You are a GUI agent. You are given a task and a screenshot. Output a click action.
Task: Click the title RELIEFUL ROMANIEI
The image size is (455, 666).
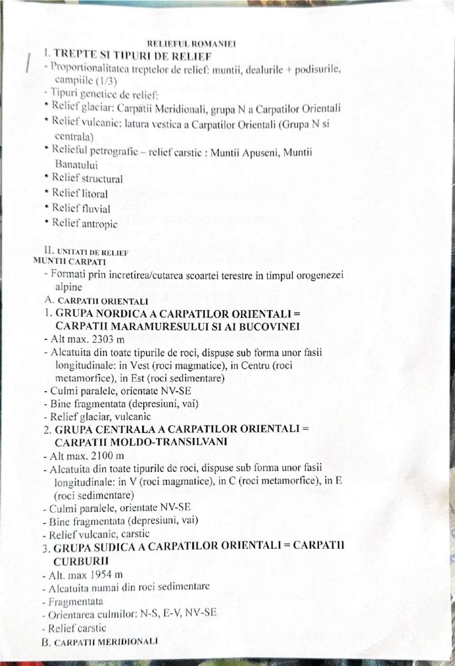(191, 44)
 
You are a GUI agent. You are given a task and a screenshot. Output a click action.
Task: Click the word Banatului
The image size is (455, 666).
(76, 165)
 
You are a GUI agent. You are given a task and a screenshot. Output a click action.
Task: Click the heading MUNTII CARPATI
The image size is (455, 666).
(70, 261)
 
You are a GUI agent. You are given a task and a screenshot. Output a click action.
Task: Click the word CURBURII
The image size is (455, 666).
(81, 561)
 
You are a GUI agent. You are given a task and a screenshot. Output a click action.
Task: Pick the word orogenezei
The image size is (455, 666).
(320, 275)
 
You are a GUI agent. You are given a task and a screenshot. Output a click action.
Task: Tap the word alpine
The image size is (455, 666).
(69, 287)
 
